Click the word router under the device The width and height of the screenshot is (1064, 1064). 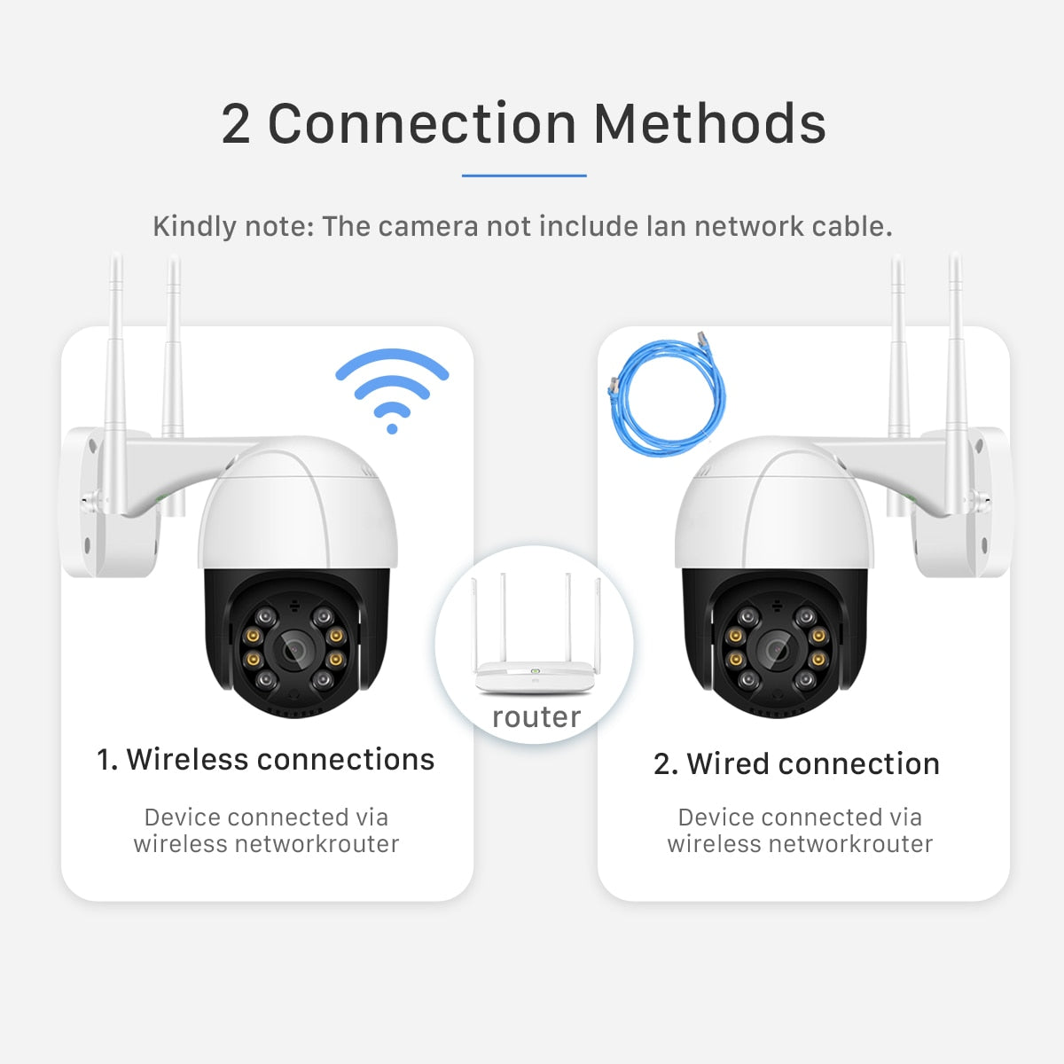coord(536,717)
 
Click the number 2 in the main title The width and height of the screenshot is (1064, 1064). coord(236,125)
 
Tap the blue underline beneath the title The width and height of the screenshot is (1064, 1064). coord(524,176)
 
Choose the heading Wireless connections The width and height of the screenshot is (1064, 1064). coord(266,760)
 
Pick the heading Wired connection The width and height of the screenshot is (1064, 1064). coord(796,763)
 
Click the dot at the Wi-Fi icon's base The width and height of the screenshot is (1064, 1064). coord(392,428)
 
